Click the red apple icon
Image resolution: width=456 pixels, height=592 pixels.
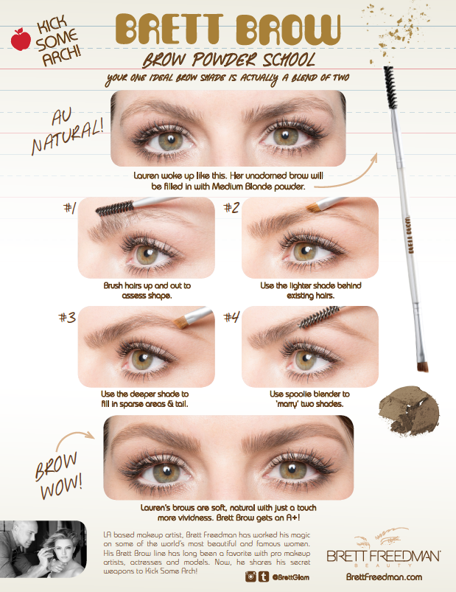(x=21, y=39)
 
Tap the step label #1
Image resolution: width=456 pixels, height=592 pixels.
(x=70, y=208)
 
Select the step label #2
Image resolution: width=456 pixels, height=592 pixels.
(x=231, y=208)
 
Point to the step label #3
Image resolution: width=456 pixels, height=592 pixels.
(x=67, y=318)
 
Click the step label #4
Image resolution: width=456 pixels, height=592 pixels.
(x=231, y=318)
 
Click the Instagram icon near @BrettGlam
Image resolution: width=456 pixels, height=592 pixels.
(x=250, y=576)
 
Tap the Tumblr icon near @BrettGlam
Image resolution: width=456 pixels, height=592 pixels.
(x=264, y=576)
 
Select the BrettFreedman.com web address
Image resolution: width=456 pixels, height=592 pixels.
(x=384, y=577)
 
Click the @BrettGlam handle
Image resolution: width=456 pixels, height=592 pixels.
(x=290, y=577)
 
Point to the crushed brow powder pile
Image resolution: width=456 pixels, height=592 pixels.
(x=409, y=410)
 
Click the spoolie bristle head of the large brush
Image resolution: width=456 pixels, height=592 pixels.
(x=390, y=87)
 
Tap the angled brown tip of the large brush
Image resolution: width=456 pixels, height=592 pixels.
(x=423, y=366)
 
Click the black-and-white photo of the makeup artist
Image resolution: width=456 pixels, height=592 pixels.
(x=43, y=549)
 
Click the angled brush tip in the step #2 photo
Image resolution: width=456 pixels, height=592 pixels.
(x=313, y=207)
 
